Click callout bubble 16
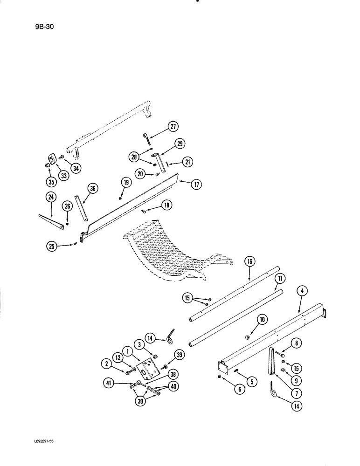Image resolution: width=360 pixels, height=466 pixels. [249, 262]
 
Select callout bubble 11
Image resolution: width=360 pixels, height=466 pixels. [280, 280]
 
